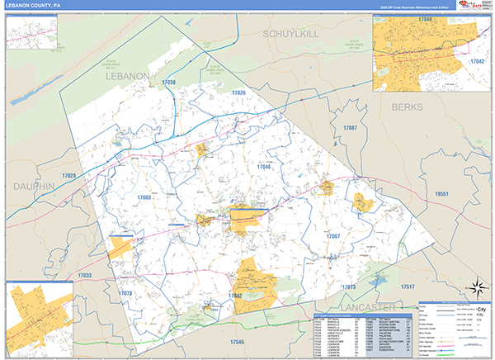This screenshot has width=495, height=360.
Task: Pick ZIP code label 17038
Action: point(169,83)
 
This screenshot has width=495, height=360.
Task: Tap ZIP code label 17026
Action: point(238,92)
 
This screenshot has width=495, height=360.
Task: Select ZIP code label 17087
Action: point(350,129)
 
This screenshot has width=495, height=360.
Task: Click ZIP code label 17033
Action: point(85,274)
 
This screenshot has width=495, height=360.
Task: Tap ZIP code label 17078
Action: point(125,293)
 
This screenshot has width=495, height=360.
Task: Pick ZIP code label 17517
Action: point(408,286)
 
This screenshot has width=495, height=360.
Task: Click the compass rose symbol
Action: point(475,288)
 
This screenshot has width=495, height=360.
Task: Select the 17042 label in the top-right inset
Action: point(476,61)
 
